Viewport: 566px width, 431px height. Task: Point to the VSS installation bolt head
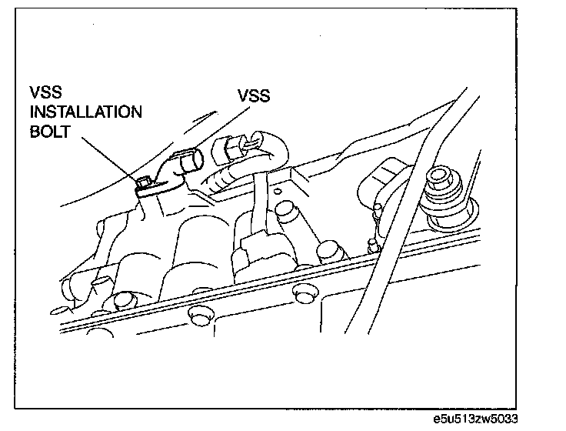(143, 182)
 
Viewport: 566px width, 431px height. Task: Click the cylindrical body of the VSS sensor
(188, 162)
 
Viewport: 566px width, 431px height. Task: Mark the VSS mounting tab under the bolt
(158, 185)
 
